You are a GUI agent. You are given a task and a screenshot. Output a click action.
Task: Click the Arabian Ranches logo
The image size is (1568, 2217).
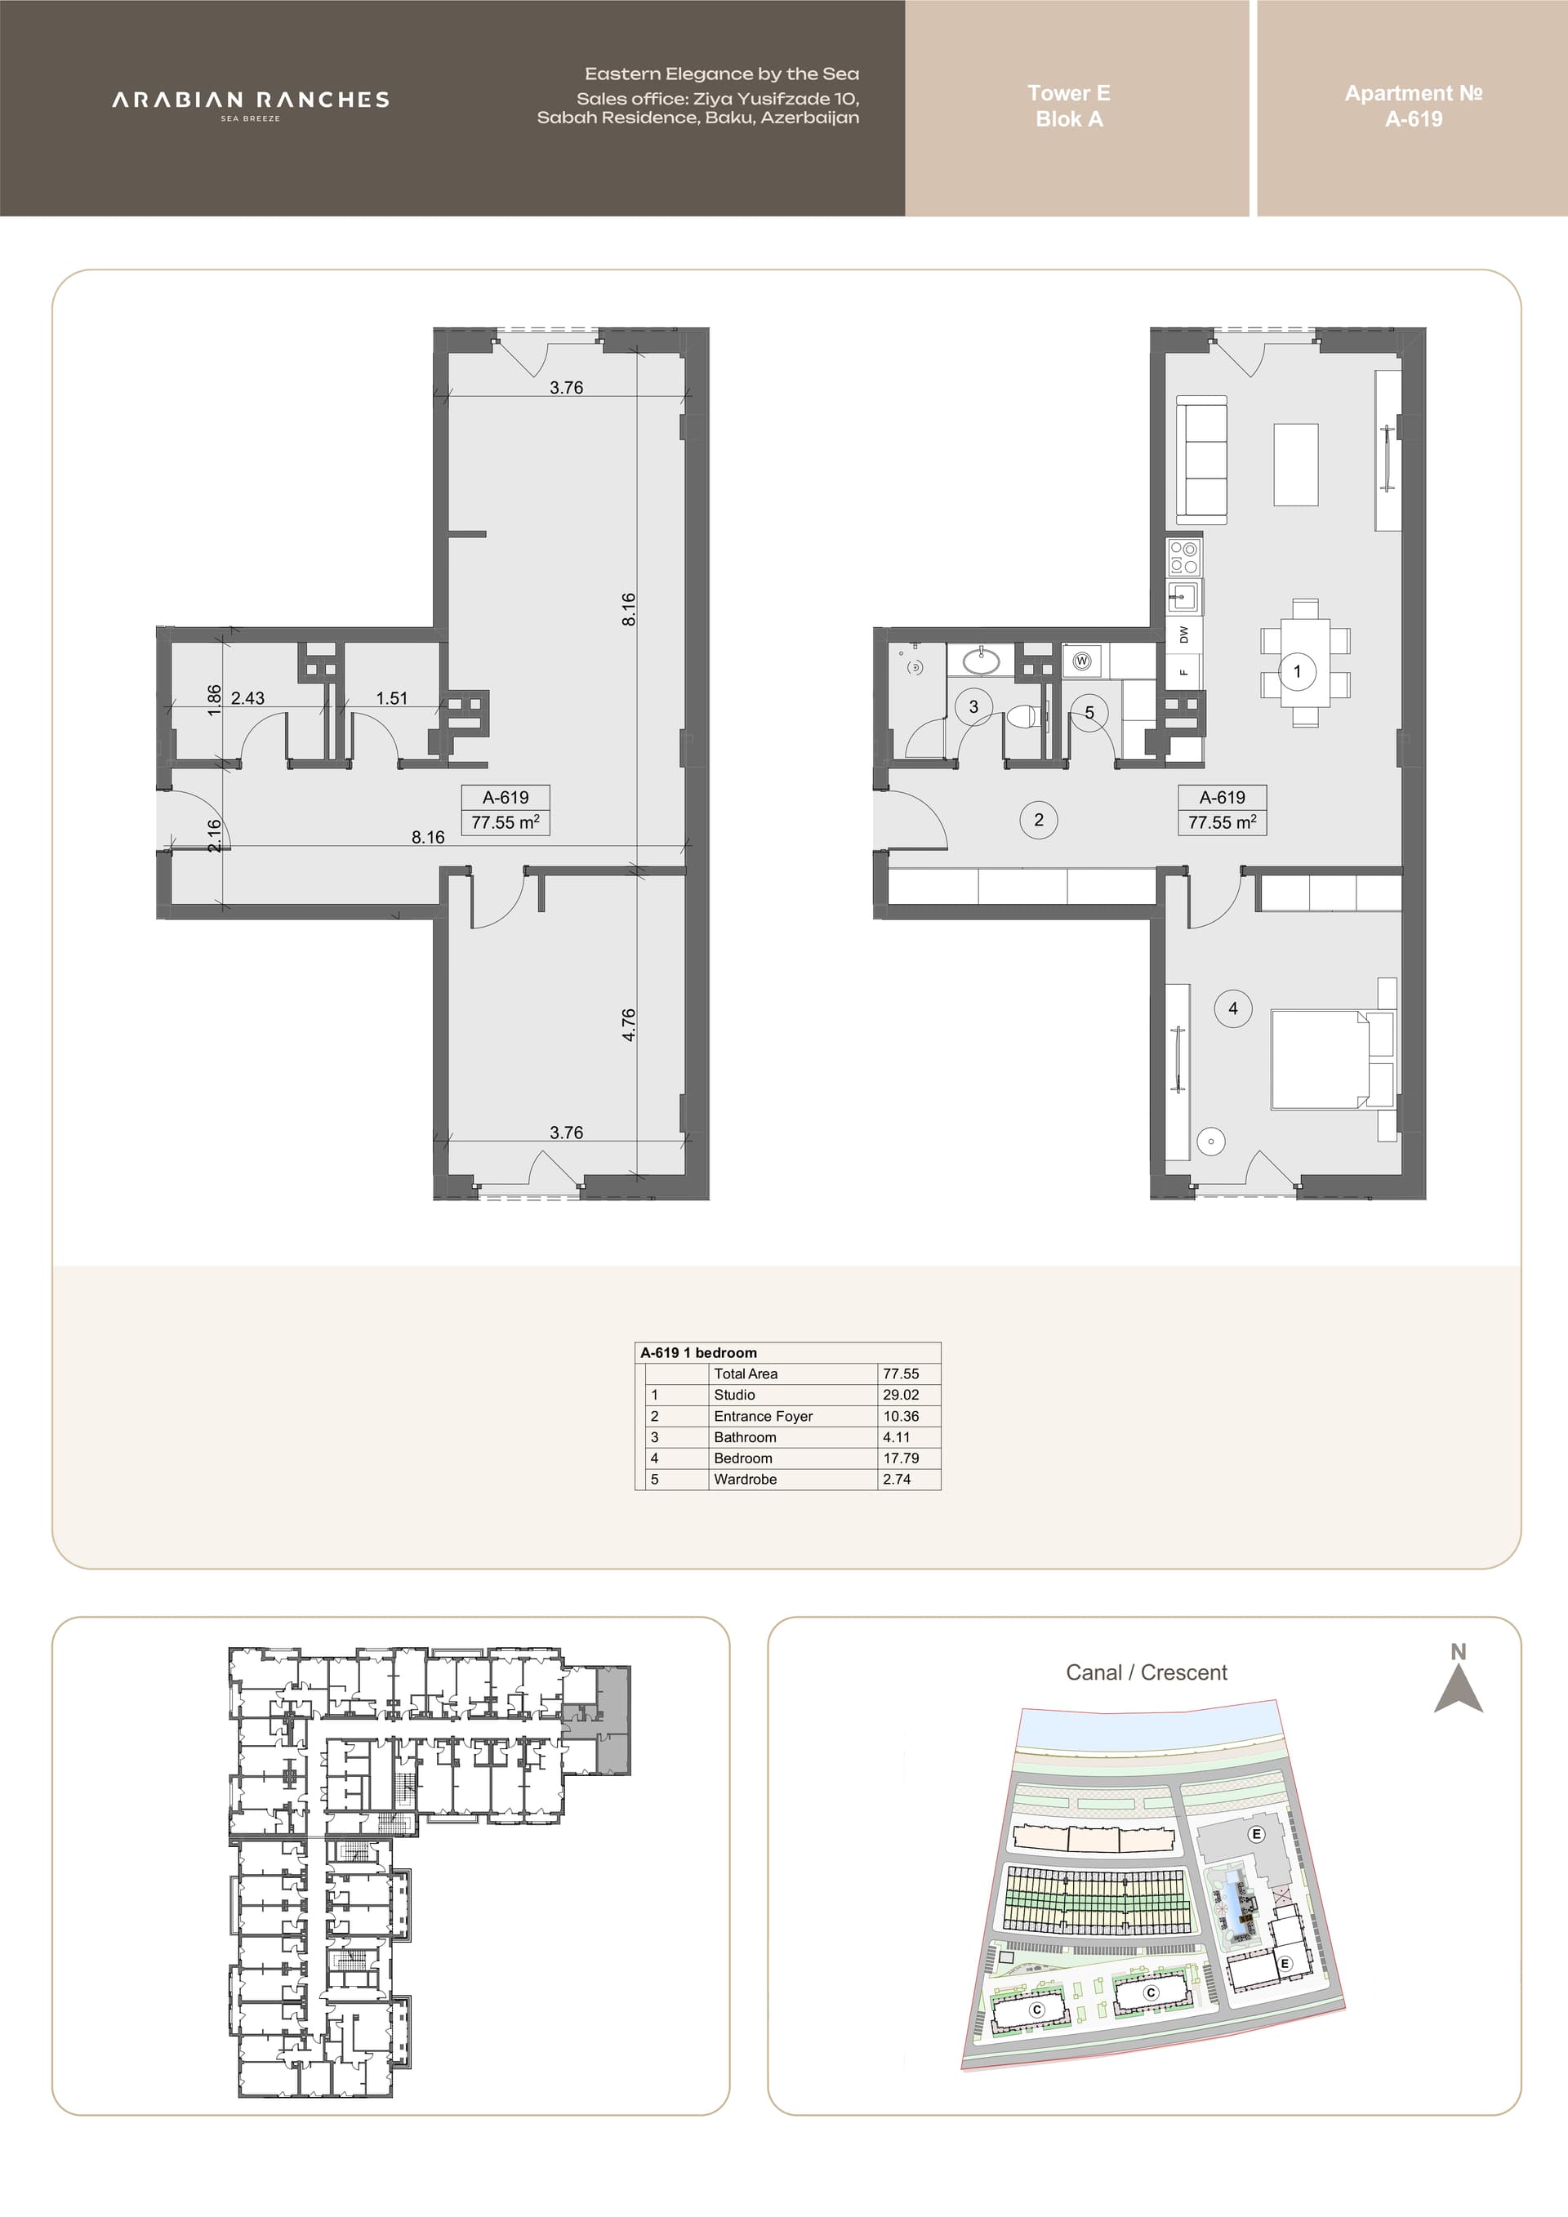click(x=251, y=105)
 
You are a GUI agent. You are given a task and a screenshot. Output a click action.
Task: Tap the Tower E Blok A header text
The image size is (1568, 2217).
click(x=1069, y=106)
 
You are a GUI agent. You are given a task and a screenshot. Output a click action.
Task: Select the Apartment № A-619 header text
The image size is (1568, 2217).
click(x=1414, y=106)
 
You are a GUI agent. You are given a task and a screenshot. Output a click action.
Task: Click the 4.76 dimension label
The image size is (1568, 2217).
click(x=629, y=1025)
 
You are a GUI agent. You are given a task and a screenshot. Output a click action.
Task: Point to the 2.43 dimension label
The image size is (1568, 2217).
click(x=247, y=698)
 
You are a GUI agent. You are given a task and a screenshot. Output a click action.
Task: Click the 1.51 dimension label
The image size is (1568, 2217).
click(x=392, y=698)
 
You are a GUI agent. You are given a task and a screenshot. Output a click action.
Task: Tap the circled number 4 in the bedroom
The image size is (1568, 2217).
click(x=1233, y=1008)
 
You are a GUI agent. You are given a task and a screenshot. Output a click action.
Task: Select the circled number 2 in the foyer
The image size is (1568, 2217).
click(x=1039, y=820)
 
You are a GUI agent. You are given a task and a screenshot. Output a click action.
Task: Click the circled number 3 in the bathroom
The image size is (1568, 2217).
click(x=973, y=707)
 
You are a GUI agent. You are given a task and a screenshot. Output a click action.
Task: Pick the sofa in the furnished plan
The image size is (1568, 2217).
click(x=1201, y=460)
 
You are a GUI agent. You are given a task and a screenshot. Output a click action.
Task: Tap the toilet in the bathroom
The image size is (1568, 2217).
click(x=1023, y=718)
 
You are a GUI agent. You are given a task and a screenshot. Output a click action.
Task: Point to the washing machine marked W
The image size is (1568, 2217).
click(x=1082, y=661)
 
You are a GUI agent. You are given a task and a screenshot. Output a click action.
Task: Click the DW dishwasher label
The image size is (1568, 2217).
click(x=1183, y=634)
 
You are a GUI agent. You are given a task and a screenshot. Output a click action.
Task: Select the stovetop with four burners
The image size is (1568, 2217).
click(x=1183, y=558)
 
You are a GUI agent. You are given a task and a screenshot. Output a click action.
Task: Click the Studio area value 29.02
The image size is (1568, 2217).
click(x=901, y=1395)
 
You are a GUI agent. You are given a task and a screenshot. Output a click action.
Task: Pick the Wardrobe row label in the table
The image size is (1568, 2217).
click(x=746, y=1480)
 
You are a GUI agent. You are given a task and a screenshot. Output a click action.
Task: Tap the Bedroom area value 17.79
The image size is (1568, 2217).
click(x=901, y=1458)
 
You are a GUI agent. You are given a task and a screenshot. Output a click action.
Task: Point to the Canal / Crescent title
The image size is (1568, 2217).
click(x=1146, y=1673)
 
